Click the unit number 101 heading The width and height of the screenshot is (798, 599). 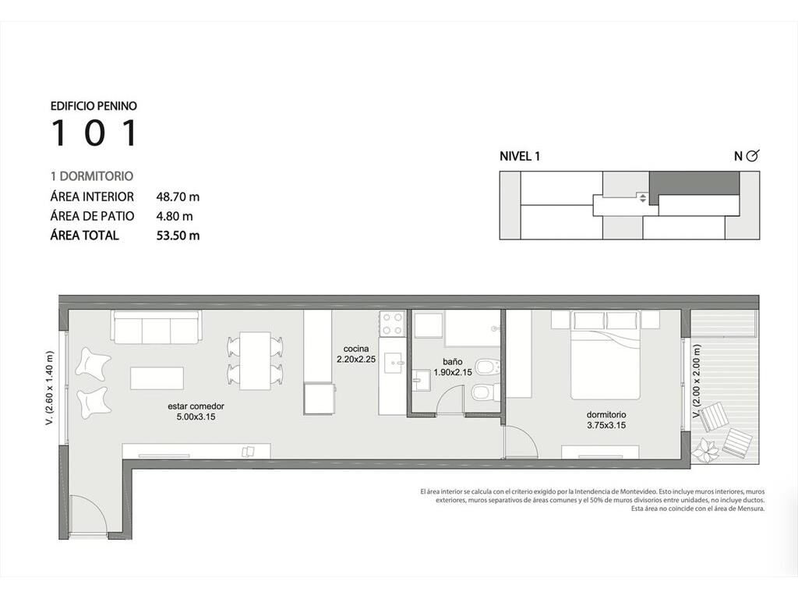(94, 133)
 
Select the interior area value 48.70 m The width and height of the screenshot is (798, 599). (178, 197)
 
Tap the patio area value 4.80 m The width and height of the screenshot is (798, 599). (175, 217)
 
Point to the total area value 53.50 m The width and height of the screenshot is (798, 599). (178, 236)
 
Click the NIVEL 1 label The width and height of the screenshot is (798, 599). (520, 156)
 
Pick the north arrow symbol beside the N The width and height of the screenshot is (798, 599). (752, 156)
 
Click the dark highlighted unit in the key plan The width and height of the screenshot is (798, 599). (694, 183)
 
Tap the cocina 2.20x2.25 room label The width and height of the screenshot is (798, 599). (356, 354)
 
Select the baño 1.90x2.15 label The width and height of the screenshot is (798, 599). (453, 367)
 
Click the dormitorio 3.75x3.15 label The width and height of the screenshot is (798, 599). (606, 420)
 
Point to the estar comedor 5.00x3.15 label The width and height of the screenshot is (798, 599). (196, 412)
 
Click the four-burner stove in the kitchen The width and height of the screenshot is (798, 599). (392, 324)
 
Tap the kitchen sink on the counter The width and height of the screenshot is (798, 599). (394, 363)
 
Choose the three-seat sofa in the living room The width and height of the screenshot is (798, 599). (156, 327)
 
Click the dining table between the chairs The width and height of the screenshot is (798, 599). (255, 360)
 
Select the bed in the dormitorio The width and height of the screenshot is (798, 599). (606, 356)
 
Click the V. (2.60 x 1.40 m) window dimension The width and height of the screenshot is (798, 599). (49, 388)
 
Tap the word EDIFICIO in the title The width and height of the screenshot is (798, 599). (71, 106)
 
